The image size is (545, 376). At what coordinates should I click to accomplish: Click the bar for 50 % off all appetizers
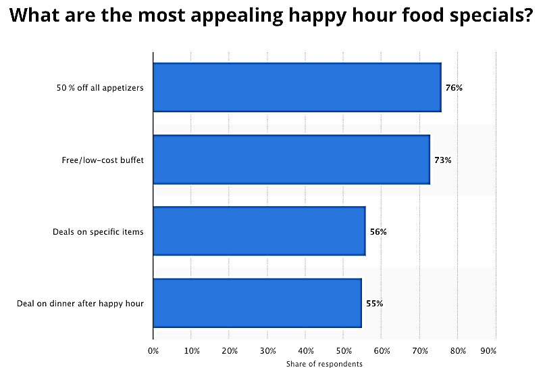tap(297, 87)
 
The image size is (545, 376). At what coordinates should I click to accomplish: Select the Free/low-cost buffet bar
tap(291, 160)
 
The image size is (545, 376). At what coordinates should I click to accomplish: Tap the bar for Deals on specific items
tap(259, 231)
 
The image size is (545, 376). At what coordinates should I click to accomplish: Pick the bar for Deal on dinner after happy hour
tap(257, 303)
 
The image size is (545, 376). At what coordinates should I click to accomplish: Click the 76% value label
tap(454, 88)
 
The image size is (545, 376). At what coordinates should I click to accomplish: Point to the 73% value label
tap(443, 160)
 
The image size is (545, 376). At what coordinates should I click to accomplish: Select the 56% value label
tap(378, 232)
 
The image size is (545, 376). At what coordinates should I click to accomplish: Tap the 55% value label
tap(374, 304)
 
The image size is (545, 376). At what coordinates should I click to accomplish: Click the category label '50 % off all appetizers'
tap(101, 88)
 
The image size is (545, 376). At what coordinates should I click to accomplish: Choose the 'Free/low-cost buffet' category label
tap(103, 160)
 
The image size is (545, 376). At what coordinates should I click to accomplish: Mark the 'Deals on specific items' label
tap(98, 232)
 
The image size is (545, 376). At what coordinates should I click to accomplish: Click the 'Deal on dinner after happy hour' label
tap(80, 304)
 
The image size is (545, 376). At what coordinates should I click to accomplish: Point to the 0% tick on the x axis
tap(153, 351)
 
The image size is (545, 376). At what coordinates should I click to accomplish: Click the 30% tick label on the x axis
tap(267, 351)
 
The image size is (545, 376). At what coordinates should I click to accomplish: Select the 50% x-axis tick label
tap(344, 351)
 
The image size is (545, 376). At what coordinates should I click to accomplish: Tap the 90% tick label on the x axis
tap(488, 351)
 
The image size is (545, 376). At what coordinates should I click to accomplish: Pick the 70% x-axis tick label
tap(420, 351)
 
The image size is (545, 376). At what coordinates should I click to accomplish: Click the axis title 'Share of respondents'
tap(324, 364)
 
